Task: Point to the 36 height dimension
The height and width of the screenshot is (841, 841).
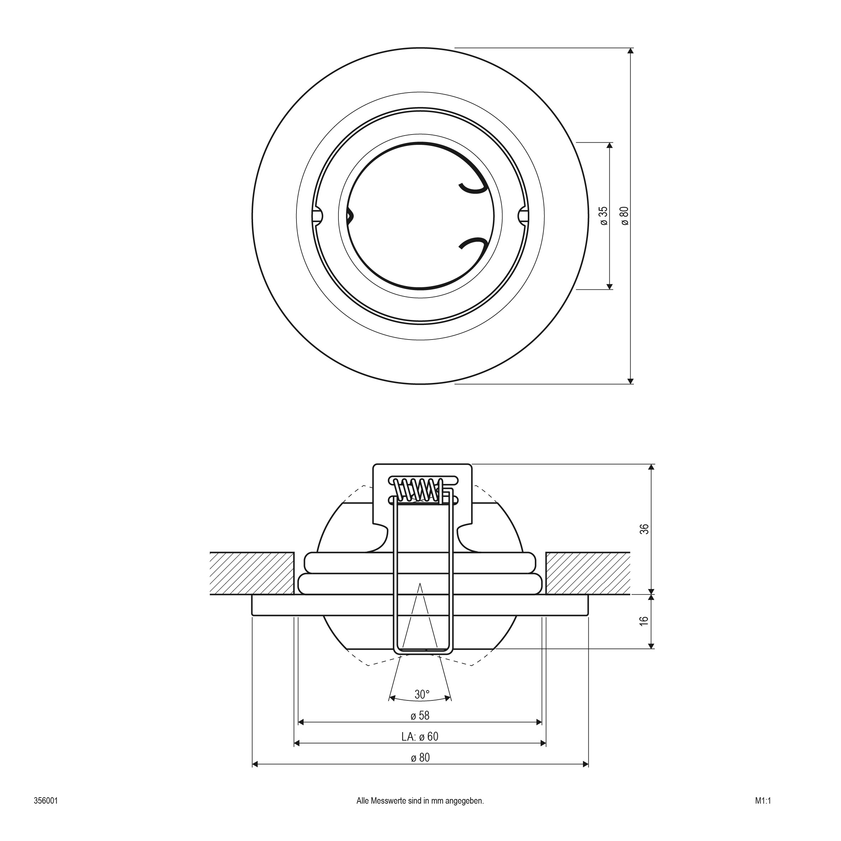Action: point(645,529)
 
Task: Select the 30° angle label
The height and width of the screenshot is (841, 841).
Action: point(422,694)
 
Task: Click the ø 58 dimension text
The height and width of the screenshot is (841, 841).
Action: point(420,715)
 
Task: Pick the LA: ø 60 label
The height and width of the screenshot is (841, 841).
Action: point(420,736)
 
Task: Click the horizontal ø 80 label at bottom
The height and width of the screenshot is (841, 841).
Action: point(420,758)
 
